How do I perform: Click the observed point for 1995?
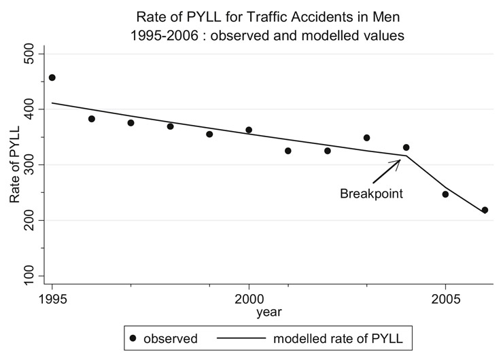pyautogui.click(x=52, y=77)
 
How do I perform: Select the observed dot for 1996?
pyautogui.click(x=92, y=119)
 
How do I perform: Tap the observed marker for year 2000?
pyautogui.click(x=249, y=130)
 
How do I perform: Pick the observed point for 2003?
pyautogui.click(x=367, y=138)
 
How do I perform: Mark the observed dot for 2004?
pyautogui.click(x=406, y=147)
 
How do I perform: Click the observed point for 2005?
pyautogui.click(x=446, y=194)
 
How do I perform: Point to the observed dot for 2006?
pyautogui.click(x=485, y=210)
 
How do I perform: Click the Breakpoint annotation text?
pyautogui.click(x=372, y=194)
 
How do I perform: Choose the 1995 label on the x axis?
pyautogui.click(x=52, y=298)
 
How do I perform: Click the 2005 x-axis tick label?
pyautogui.click(x=446, y=298)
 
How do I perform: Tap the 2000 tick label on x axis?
pyautogui.click(x=249, y=298)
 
